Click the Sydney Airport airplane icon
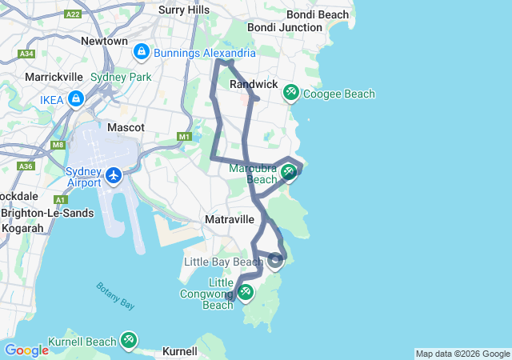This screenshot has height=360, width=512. click(x=114, y=174)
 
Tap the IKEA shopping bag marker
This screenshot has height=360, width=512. click(x=76, y=99)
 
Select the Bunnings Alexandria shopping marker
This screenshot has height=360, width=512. click(x=142, y=52)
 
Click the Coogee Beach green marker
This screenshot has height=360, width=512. click(x=290, y=93)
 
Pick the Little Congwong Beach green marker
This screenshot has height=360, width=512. click(x=246, y=293)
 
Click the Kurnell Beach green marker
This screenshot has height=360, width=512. click(x=128, y=341)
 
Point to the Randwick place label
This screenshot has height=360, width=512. click(x=253, y=84)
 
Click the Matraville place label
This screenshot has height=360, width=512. click(x=230, y=219)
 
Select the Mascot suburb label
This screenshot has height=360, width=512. click(x=126, y=127)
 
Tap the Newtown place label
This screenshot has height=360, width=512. click(x=104, y=41)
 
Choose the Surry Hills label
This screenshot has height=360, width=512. click(x=184, y=10)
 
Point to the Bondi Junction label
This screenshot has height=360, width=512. click(x=273, y=27)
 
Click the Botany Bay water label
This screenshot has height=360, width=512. click(x=116, y=295)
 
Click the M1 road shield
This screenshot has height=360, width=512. click(x=185, y=137)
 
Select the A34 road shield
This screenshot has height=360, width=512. click(x=26, y=54)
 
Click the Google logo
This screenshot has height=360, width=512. click(x=26, y=350)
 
